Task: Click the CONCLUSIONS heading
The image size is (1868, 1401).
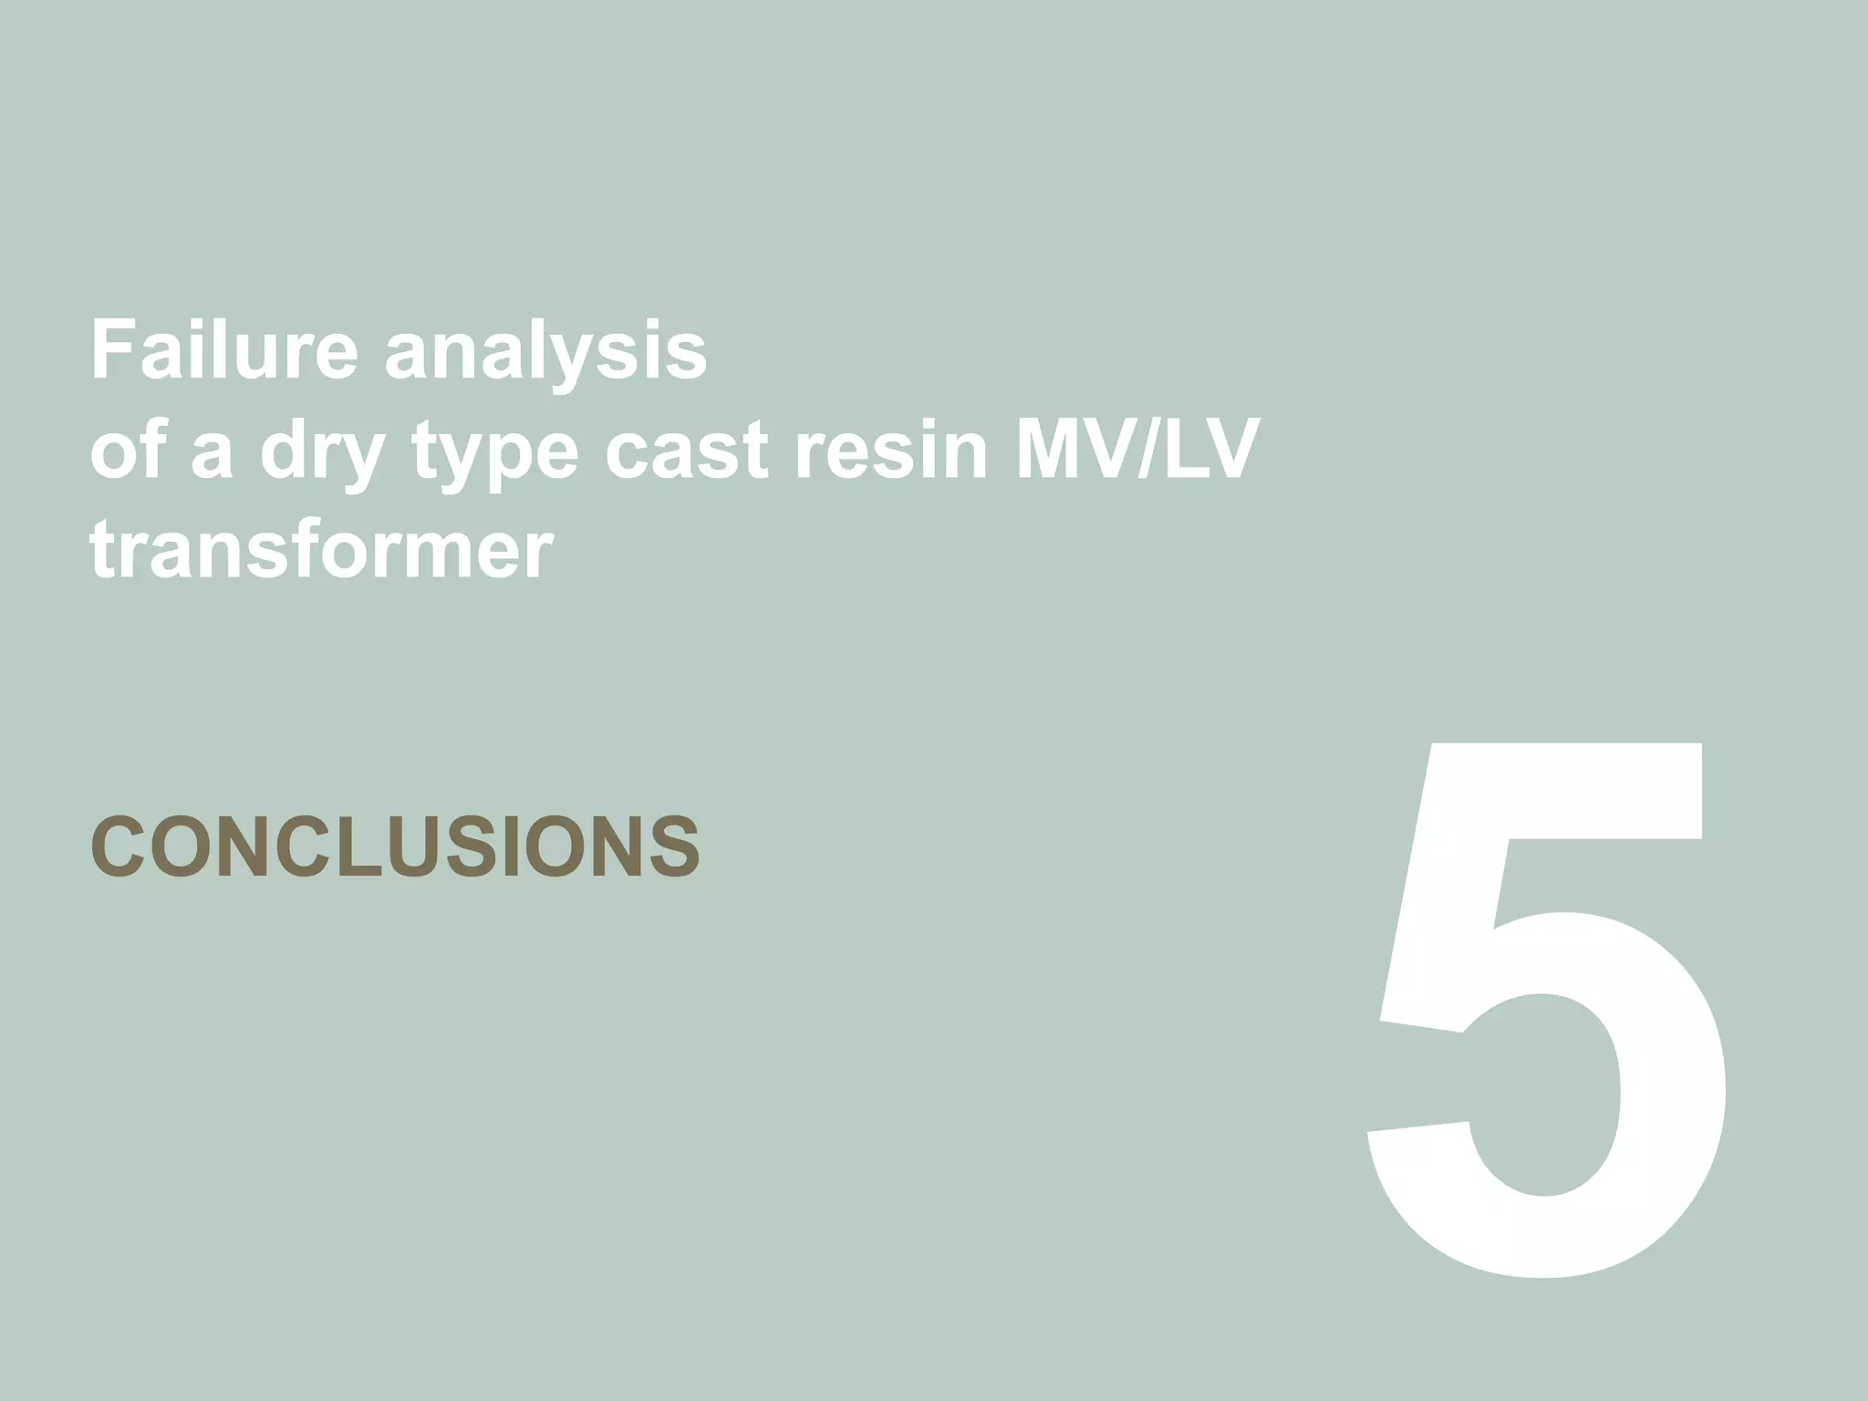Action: point(395,847)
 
